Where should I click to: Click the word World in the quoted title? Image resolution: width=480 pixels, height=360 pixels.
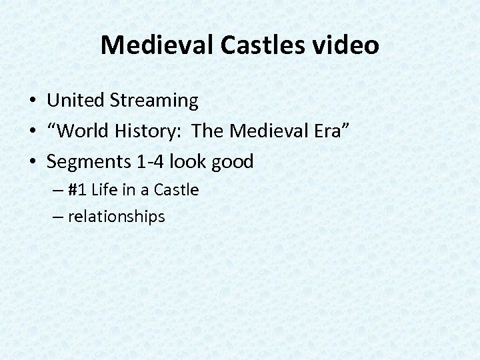(x=83, y=131)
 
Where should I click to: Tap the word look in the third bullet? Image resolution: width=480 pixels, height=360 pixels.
(x=188, y=161)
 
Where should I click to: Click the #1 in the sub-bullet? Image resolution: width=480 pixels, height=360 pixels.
(x=78, y=190)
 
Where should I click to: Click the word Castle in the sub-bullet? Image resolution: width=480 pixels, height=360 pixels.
(x=176, y=190)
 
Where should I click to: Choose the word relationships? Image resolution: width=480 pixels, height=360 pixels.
(x=116, y=217)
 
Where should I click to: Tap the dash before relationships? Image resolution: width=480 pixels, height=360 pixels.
(x=58, y=217)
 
